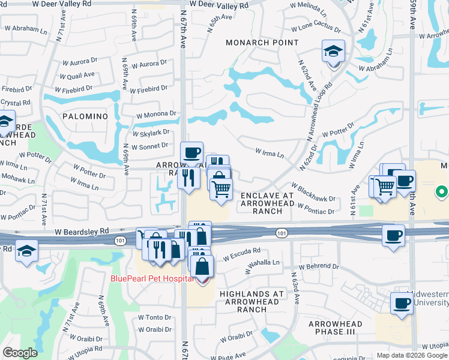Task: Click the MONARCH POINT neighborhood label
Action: click(262, 43)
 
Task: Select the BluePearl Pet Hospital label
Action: click(152, 278)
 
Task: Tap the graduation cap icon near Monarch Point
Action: click(333, 52)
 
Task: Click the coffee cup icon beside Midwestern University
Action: click(401, 304)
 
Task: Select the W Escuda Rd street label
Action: click(242, 254)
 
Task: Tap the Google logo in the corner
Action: click(20, 353)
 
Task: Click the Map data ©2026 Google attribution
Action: click(411, 355)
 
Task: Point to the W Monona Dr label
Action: click(156, 114)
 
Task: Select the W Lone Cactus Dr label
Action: click(316, 28)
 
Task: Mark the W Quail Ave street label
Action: click(77, 75)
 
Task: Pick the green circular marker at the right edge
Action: click(441, 192)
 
